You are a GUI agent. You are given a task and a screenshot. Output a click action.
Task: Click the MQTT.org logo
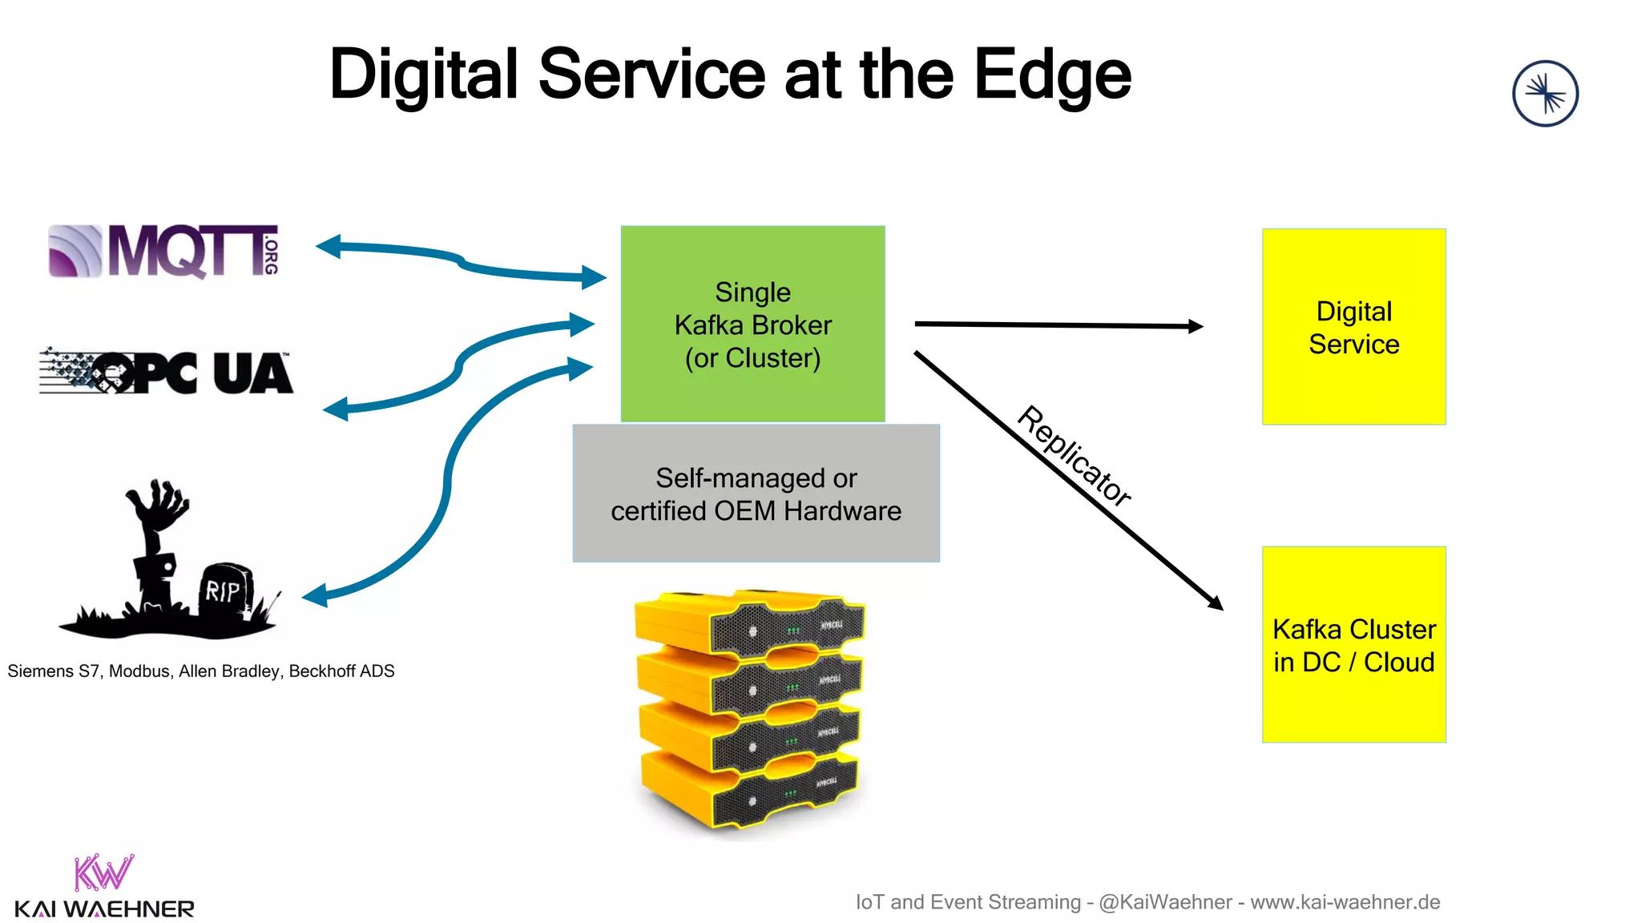click(x=164, y=251)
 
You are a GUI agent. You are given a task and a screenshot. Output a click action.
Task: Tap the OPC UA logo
click(x=167, y=373)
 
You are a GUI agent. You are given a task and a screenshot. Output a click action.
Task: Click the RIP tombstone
click(x=224, y=591)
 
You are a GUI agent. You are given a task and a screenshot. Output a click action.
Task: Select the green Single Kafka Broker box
click(x=752, y=324)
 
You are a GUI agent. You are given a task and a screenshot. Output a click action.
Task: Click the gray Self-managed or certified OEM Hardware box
click(x=756, y=494)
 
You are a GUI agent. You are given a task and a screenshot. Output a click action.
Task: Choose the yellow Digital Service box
click(x=1353, y=327)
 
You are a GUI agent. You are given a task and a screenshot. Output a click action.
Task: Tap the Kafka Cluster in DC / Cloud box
click(x=1353, y=645)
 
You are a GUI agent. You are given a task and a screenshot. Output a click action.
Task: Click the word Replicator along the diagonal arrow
click(x=1074, y=456)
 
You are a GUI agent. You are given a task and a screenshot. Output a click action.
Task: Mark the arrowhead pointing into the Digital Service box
click(x=1195, y=326)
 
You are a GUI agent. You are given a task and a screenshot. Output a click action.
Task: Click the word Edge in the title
click(x=1052, y=75)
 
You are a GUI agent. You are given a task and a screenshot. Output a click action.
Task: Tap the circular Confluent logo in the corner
click(x=1545, y=94)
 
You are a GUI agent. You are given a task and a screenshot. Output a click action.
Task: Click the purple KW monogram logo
click(x=103, y=873)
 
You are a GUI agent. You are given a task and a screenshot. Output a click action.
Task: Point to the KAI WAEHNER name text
click(x=104, y=909)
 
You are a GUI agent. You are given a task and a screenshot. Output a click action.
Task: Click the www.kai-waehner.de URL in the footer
click(x=1345, y=902)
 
